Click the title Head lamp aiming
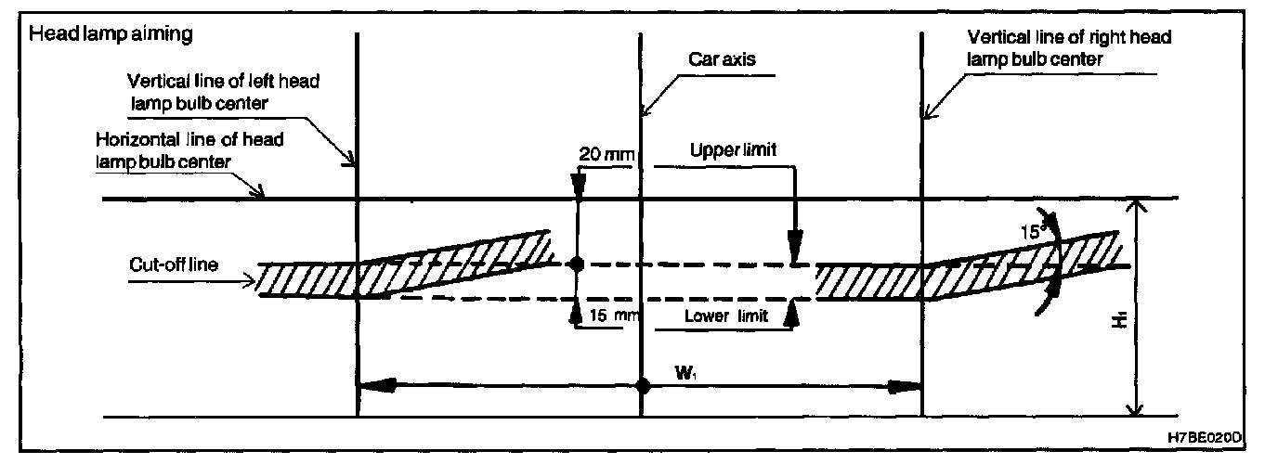[x=111, y=34]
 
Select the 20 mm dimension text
[x=602, y=154]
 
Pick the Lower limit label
[x=725, y=316]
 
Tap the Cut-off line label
[x=175, y=264]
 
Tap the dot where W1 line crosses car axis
[x=641, y=386]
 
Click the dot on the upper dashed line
[x=577, y=264]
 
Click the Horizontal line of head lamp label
[x=190, y=149]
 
